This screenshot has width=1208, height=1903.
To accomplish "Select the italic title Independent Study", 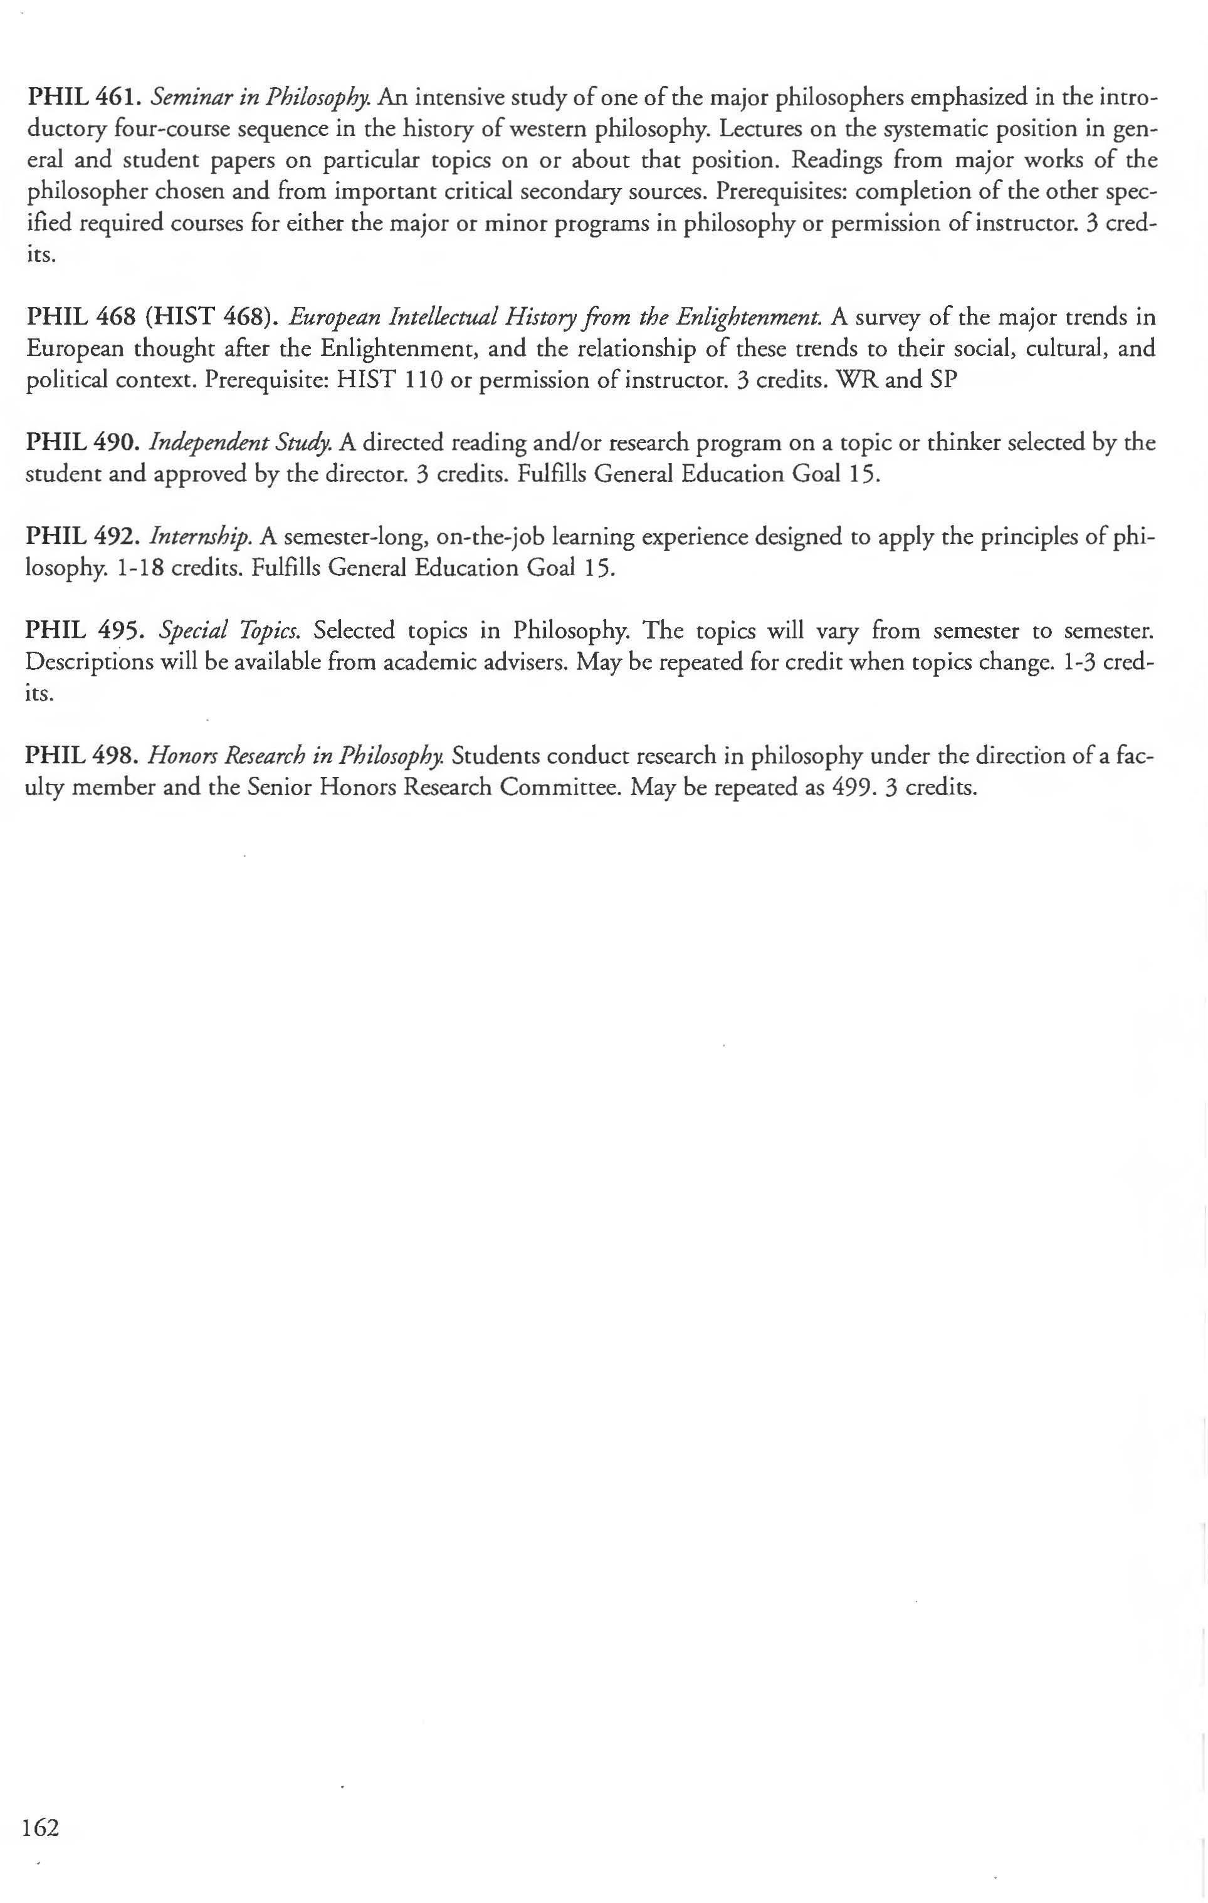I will click(x=240, y=442).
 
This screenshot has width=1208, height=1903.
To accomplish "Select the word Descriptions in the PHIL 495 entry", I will click(x=90, y=662).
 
